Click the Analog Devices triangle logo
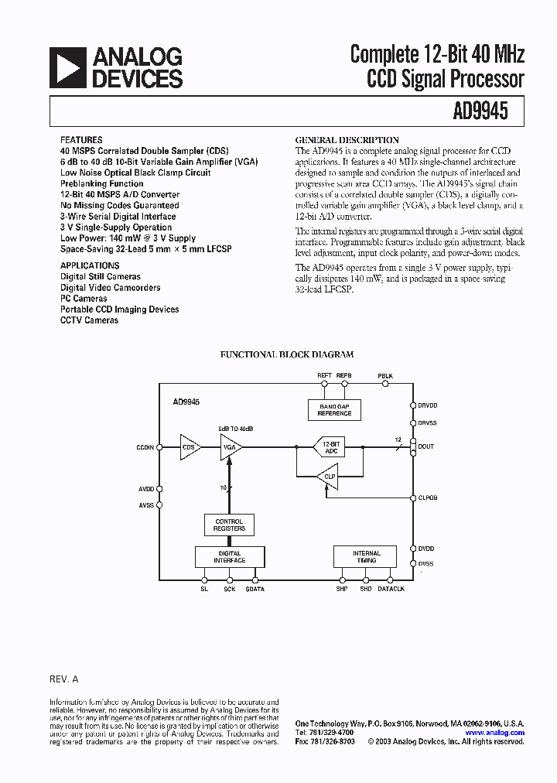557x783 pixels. click(x=67, y=67)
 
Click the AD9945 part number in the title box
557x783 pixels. click(x=480, y=111)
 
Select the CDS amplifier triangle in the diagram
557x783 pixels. click(x=190, y=446)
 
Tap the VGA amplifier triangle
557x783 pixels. click(x=230, y=446)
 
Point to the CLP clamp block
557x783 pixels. click(x=328, y=477)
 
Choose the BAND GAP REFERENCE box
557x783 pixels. click(x=334, y=410)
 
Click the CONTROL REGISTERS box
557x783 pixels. click(x=229, y=525)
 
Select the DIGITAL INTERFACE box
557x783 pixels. click(x=229, y=557)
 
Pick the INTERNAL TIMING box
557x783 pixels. click(x=366, y=557)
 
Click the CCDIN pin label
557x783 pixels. click(x=145, y=446)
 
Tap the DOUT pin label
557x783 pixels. click(x=426, y=446)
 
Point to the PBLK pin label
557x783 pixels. click(x=385, y=376)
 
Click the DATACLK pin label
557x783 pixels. click(x=391, y=590)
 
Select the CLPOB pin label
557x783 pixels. click(x=428, y=498)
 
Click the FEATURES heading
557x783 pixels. click(x=80, y=140)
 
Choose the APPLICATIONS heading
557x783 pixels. click(x=90, y=265)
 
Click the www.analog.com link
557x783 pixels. click(x=494, y=733)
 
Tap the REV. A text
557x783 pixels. click(x=64, y=679)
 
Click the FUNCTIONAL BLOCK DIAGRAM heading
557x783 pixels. click(x=287, y=354)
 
